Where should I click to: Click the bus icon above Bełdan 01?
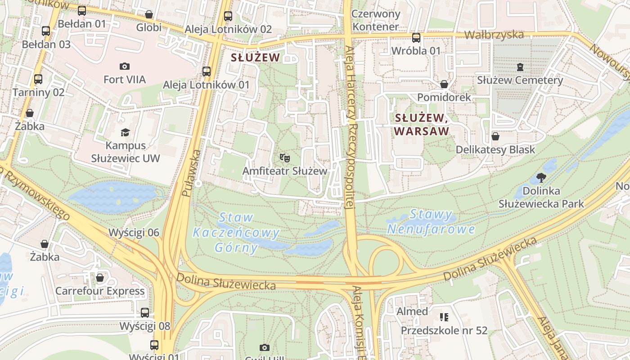[81, 11]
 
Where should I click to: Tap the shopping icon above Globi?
[148, 15]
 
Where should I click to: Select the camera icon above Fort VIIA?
[125, 67]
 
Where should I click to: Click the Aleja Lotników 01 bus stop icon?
[206, 72]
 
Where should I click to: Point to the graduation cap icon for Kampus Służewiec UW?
[125, 132]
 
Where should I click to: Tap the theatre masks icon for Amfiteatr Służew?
[284, 157]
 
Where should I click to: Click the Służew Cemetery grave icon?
[520, 67]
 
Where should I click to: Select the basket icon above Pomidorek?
[444, 84]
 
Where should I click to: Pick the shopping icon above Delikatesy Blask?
[495, 136]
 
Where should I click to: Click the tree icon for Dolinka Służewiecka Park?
[541, 178]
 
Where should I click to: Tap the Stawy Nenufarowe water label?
[431, 222]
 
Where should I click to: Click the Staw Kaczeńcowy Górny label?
[236, 232]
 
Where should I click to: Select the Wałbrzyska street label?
[494, 35]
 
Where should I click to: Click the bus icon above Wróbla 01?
[416, 38]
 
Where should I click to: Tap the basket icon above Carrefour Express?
[100, 278]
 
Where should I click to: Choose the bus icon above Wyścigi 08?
[145, 312]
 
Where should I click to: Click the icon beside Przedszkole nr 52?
[444, 317]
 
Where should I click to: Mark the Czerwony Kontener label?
[375, 20]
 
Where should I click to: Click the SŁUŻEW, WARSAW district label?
[422, 124]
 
